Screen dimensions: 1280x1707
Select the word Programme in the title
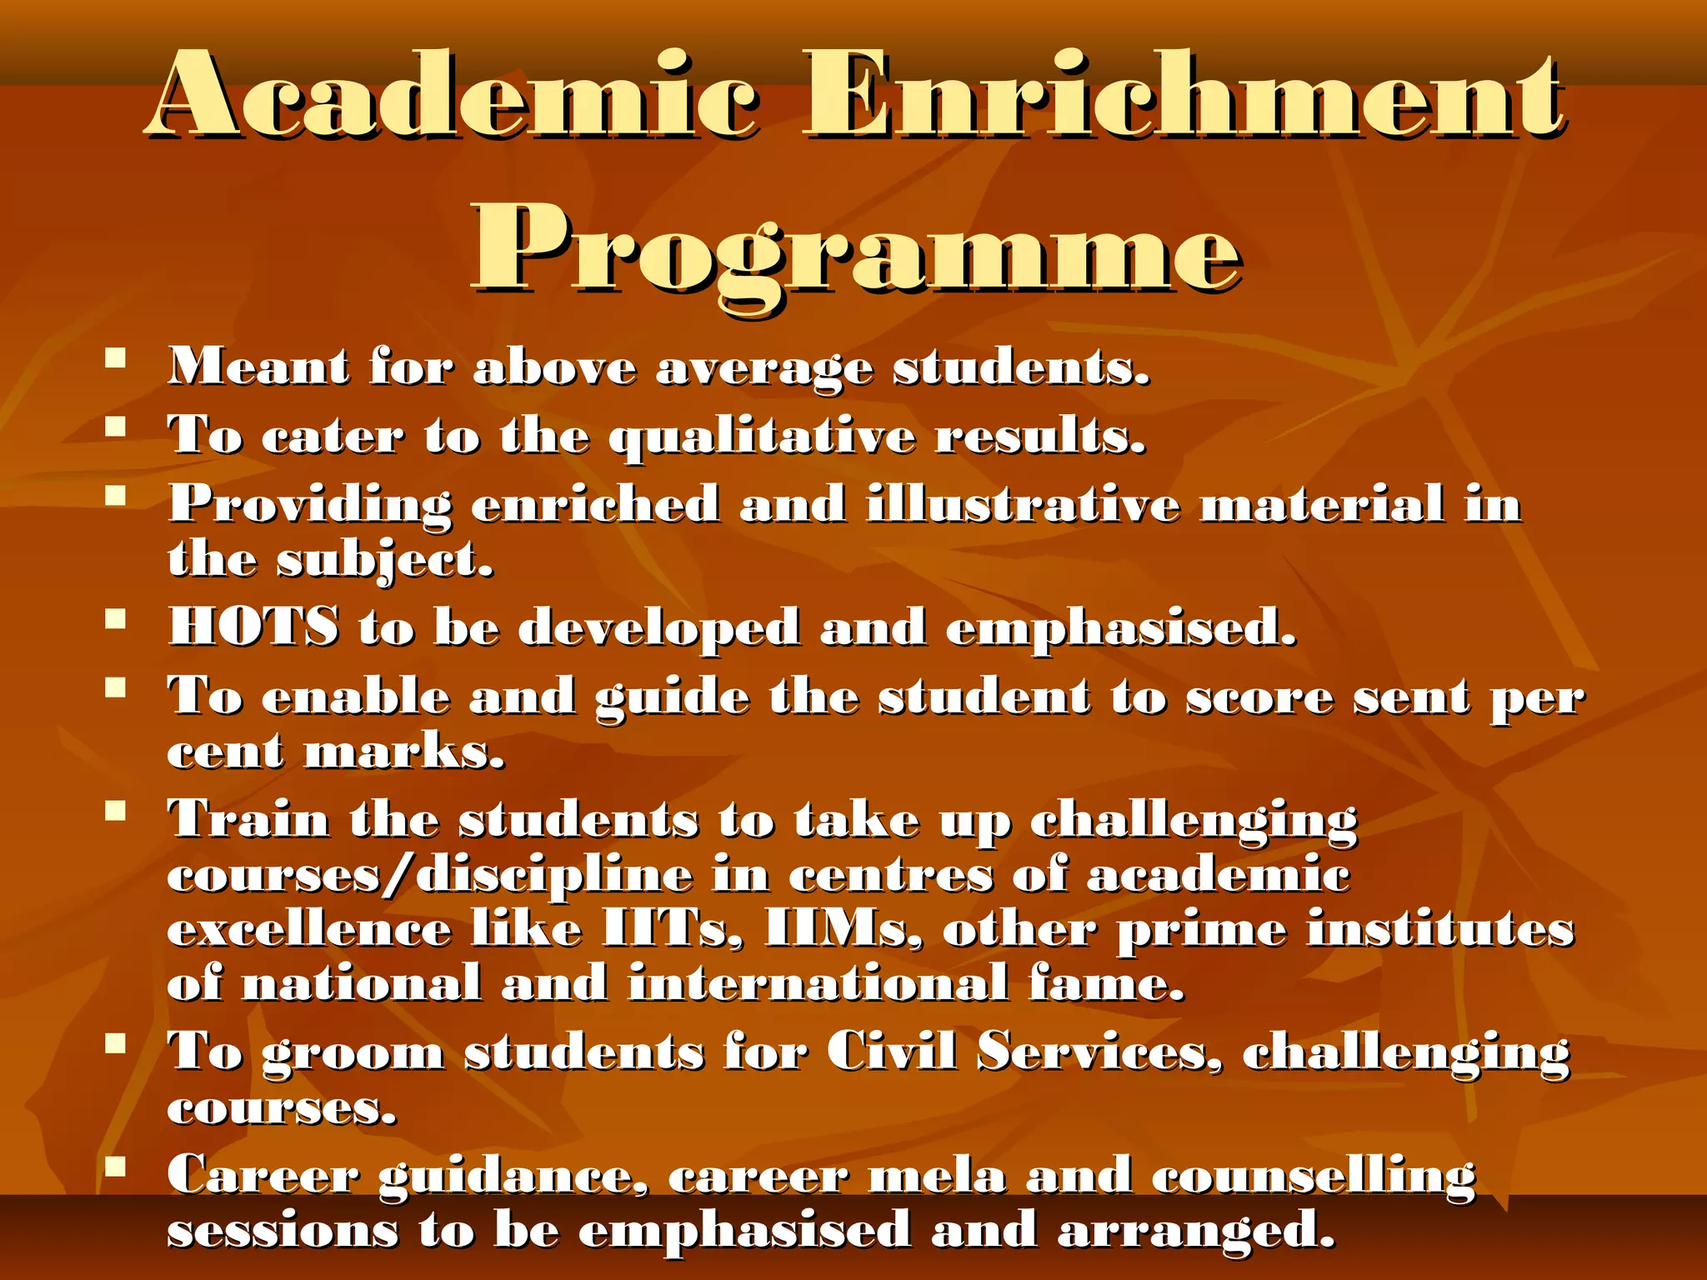tap(857, 250)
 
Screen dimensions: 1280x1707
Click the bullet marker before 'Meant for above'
tap(115, 360)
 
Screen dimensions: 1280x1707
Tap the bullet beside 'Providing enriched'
tap(115, 497)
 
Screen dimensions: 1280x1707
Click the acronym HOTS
tap(254, 627)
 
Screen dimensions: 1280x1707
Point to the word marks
tap(404, 752)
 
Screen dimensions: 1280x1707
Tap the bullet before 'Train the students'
tap(115, 810)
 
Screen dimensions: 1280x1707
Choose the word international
tap(818, 983)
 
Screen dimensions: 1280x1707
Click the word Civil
tap(891, 1052)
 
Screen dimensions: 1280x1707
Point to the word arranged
tap(1197, 1232)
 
